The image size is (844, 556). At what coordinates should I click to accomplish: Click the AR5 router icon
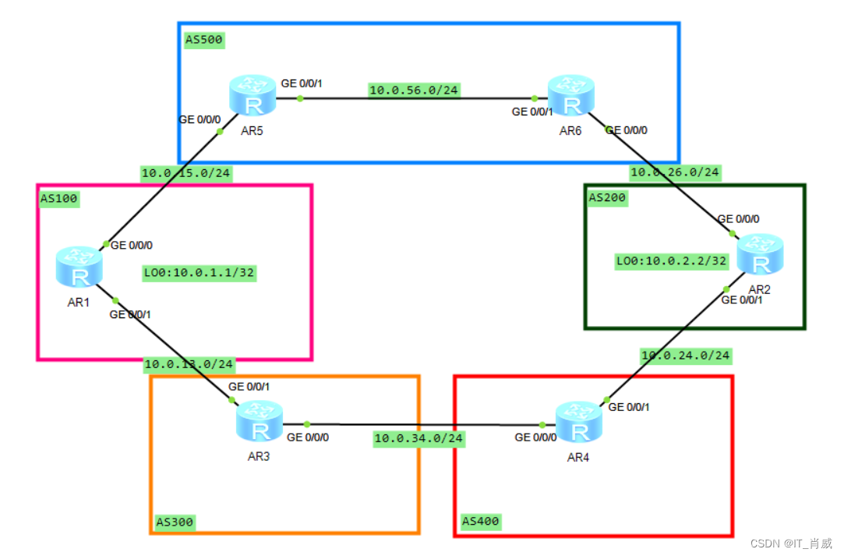click(x=252, y=97)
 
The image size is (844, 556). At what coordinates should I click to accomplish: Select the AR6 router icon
click(x=570, y=97)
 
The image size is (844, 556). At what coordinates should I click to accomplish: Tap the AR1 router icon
click(x=79, y=267)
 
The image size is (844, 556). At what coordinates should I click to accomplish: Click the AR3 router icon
click(x=260, y=422)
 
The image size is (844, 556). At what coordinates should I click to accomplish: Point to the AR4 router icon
click(x=578, y=423)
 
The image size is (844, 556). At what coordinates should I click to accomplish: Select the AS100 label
click(x=60, y=199)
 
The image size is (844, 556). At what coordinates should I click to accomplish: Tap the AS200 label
click(x=608, y=198)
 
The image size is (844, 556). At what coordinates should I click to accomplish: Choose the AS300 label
click(x=175, y=521)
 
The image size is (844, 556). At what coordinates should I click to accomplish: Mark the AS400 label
click(x=480, y=520)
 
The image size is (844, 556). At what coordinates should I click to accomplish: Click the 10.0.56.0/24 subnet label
click(x=414, y=90)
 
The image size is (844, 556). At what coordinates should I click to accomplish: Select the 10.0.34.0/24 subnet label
click(x=418, y=438)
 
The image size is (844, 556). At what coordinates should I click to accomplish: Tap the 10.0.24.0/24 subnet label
click(x=685, y=356)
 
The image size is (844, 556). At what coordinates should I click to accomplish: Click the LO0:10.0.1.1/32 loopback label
click(x=200, y=273)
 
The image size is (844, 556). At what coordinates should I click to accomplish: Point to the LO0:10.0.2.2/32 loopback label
click(x=671, y=260)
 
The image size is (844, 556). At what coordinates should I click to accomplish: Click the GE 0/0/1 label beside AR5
click(x=302, y=83)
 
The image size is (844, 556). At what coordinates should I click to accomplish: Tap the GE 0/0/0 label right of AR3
click(x=308, y=437)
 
